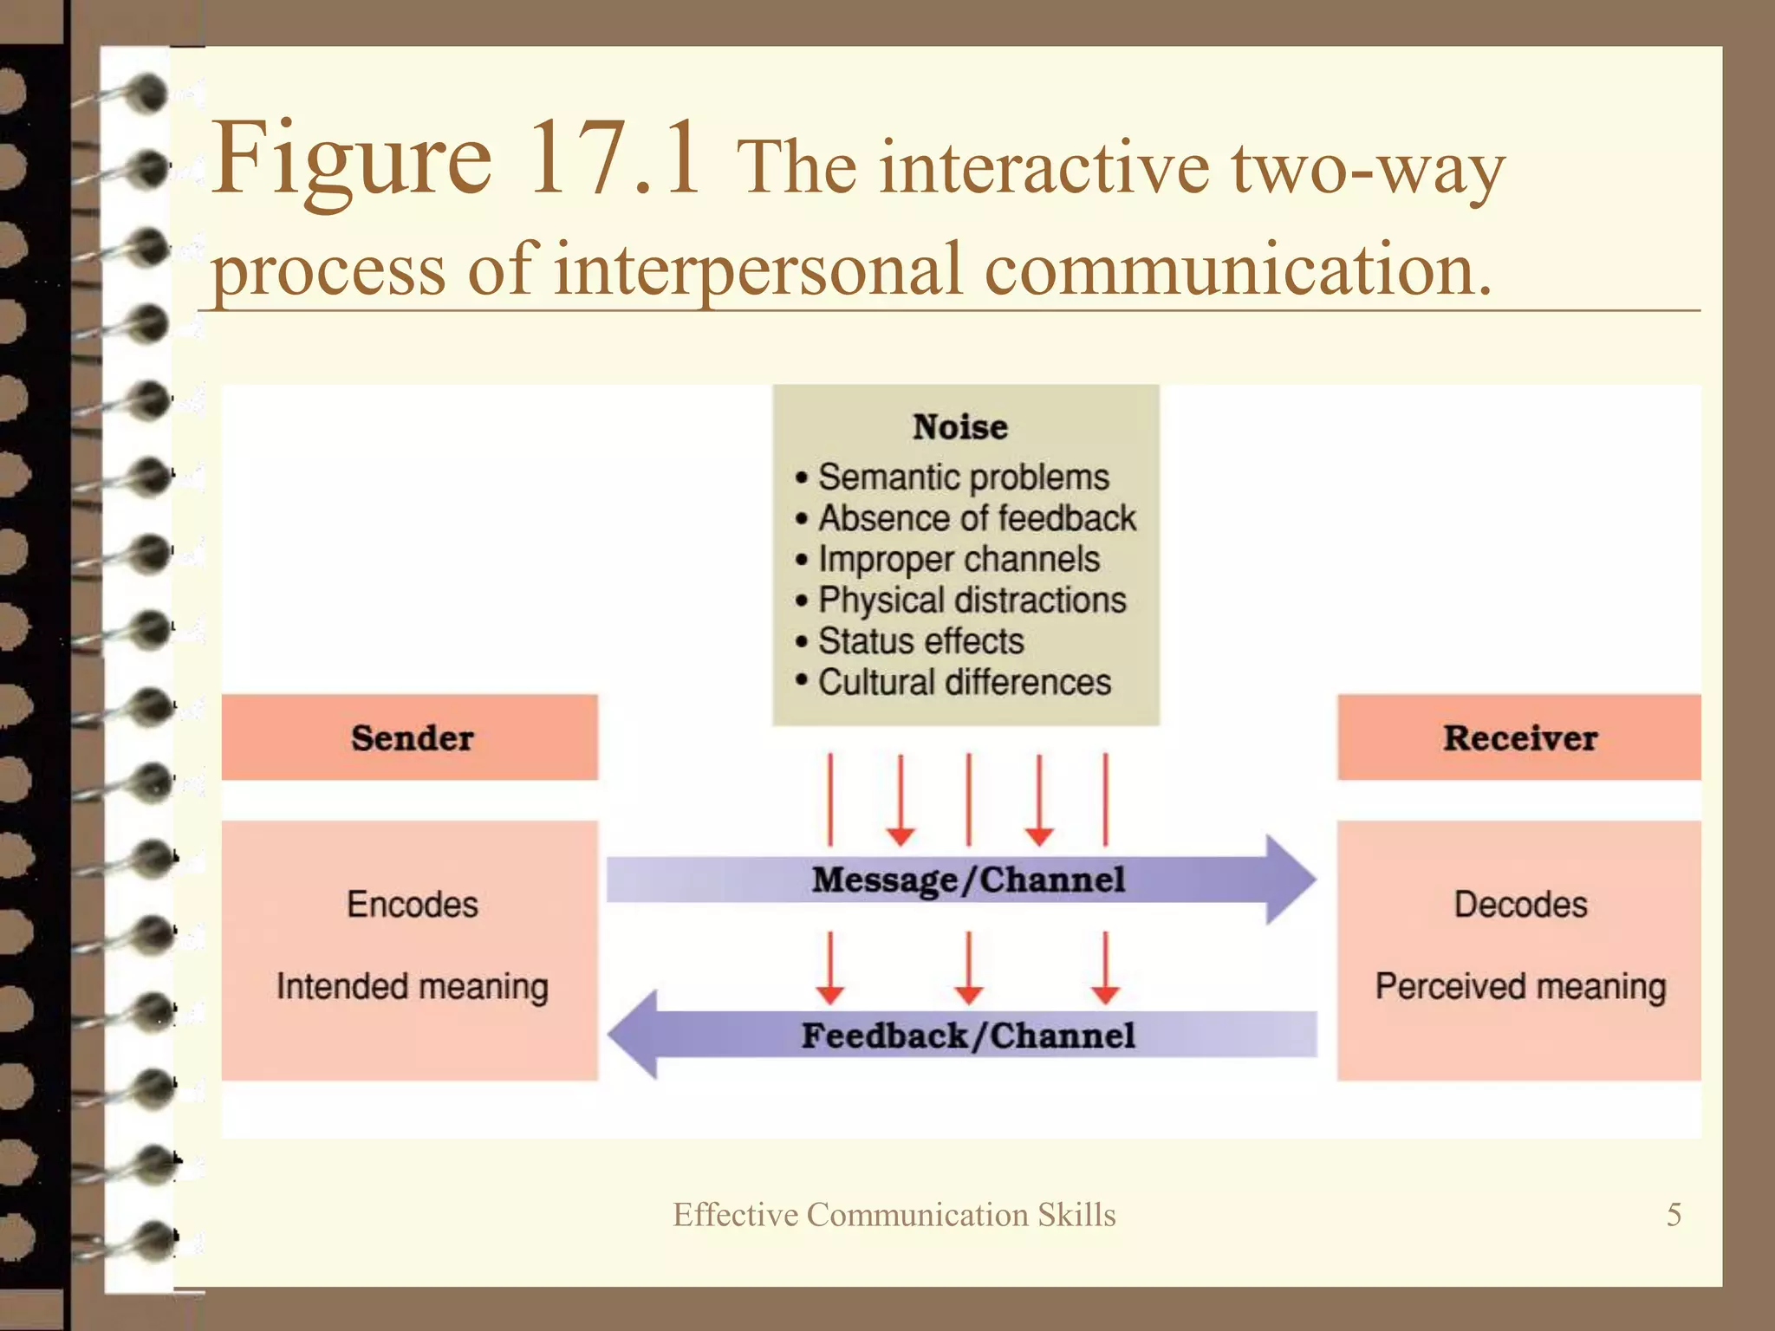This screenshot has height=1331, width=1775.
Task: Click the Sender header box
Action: click(410, 737)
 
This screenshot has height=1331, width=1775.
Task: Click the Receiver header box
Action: click(1519, 737)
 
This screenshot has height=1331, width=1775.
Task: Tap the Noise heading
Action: click(960, 427)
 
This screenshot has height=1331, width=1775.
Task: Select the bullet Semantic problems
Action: click(963, 477)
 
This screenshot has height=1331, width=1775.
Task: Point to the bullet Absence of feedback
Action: click(977, 518)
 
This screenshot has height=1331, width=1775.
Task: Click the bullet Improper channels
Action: click(959, 559)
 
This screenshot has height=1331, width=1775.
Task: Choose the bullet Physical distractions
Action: click(972, 600)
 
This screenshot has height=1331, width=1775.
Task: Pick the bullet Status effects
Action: click(920, 641)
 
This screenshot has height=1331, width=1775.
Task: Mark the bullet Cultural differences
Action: click(964, 682)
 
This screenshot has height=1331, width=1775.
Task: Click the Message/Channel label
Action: click(968, 880)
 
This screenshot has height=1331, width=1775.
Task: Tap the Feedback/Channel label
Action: click(968, 1036)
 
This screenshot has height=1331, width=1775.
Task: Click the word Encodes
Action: click(413, 905)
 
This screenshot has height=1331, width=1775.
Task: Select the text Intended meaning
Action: click(413, 986)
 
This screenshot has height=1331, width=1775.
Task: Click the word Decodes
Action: click(1520, 905)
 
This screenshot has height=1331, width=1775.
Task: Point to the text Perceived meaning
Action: click(1520, 986)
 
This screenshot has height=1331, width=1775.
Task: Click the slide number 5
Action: click(1674, 1214)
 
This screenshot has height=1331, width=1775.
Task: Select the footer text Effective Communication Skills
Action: click(894, 1215)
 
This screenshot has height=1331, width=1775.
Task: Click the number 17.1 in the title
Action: click(614, 158)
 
